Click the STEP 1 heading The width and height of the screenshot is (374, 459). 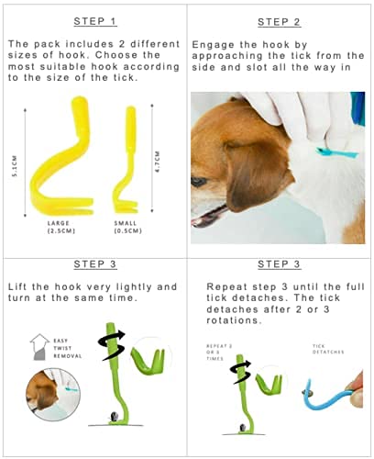pyautogui.click(x=95, y=21)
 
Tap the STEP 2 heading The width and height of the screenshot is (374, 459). pyautogui.click(x=280, y=22)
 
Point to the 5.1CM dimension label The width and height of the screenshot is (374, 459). pyautogui.click(x=15, y=165)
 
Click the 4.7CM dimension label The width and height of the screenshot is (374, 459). pyautogui.click(x=158, y=162)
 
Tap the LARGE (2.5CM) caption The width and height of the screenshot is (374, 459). pyautogui.click(x=61, y=227)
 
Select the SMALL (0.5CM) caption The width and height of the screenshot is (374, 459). pyautogui.click(x=128, y=227)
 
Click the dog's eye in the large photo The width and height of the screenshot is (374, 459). pyautogui.click(x=199, y=182)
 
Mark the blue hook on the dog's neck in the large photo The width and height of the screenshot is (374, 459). pyautogui.click(x=336, y=152)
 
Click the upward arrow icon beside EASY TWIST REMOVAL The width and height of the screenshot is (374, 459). pyautogui.click(x=39, y=347)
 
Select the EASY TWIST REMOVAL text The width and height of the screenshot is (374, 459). pyautogui.click(x=68, y=348)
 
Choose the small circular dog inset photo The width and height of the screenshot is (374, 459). pyautogui.click(x=53, y=394)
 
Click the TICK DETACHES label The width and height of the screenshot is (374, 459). pyautogui.click(x=328, y=349)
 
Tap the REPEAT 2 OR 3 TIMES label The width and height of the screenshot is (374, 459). pyautogui.click(x=219, y=353)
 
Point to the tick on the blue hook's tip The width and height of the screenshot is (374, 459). pyautogui.click(x=306, y=393)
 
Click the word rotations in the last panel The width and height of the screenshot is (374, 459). pyautogui.click(x=234, y=320)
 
